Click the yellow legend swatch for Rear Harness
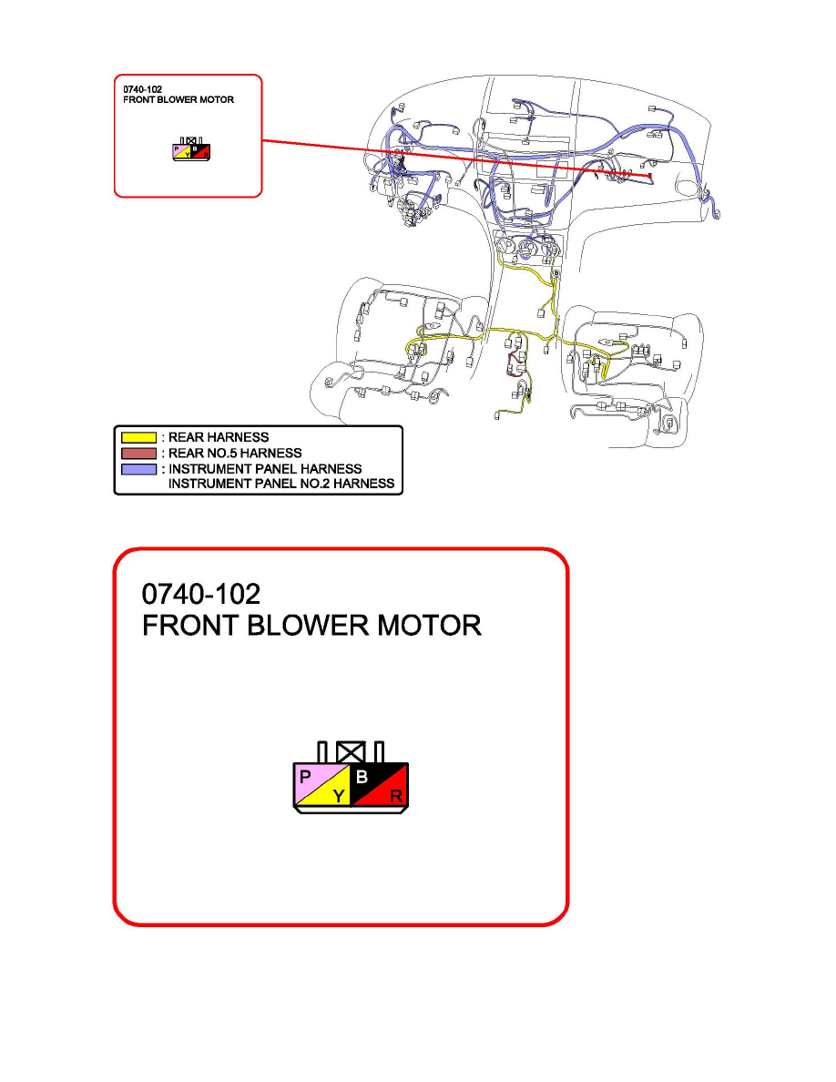[138, 437]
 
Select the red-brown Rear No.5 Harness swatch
[138, 453]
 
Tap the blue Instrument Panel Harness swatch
[138, 468]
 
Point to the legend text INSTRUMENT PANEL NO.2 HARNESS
[282, 484]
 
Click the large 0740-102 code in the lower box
[201, 594]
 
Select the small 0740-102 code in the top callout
[138, 90]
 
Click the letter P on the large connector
[304, 776]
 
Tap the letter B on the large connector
[362, 777]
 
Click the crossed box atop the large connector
[350, 751]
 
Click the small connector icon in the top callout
[191, 151]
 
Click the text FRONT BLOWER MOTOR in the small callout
[178, 99]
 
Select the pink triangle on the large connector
[311, 781]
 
